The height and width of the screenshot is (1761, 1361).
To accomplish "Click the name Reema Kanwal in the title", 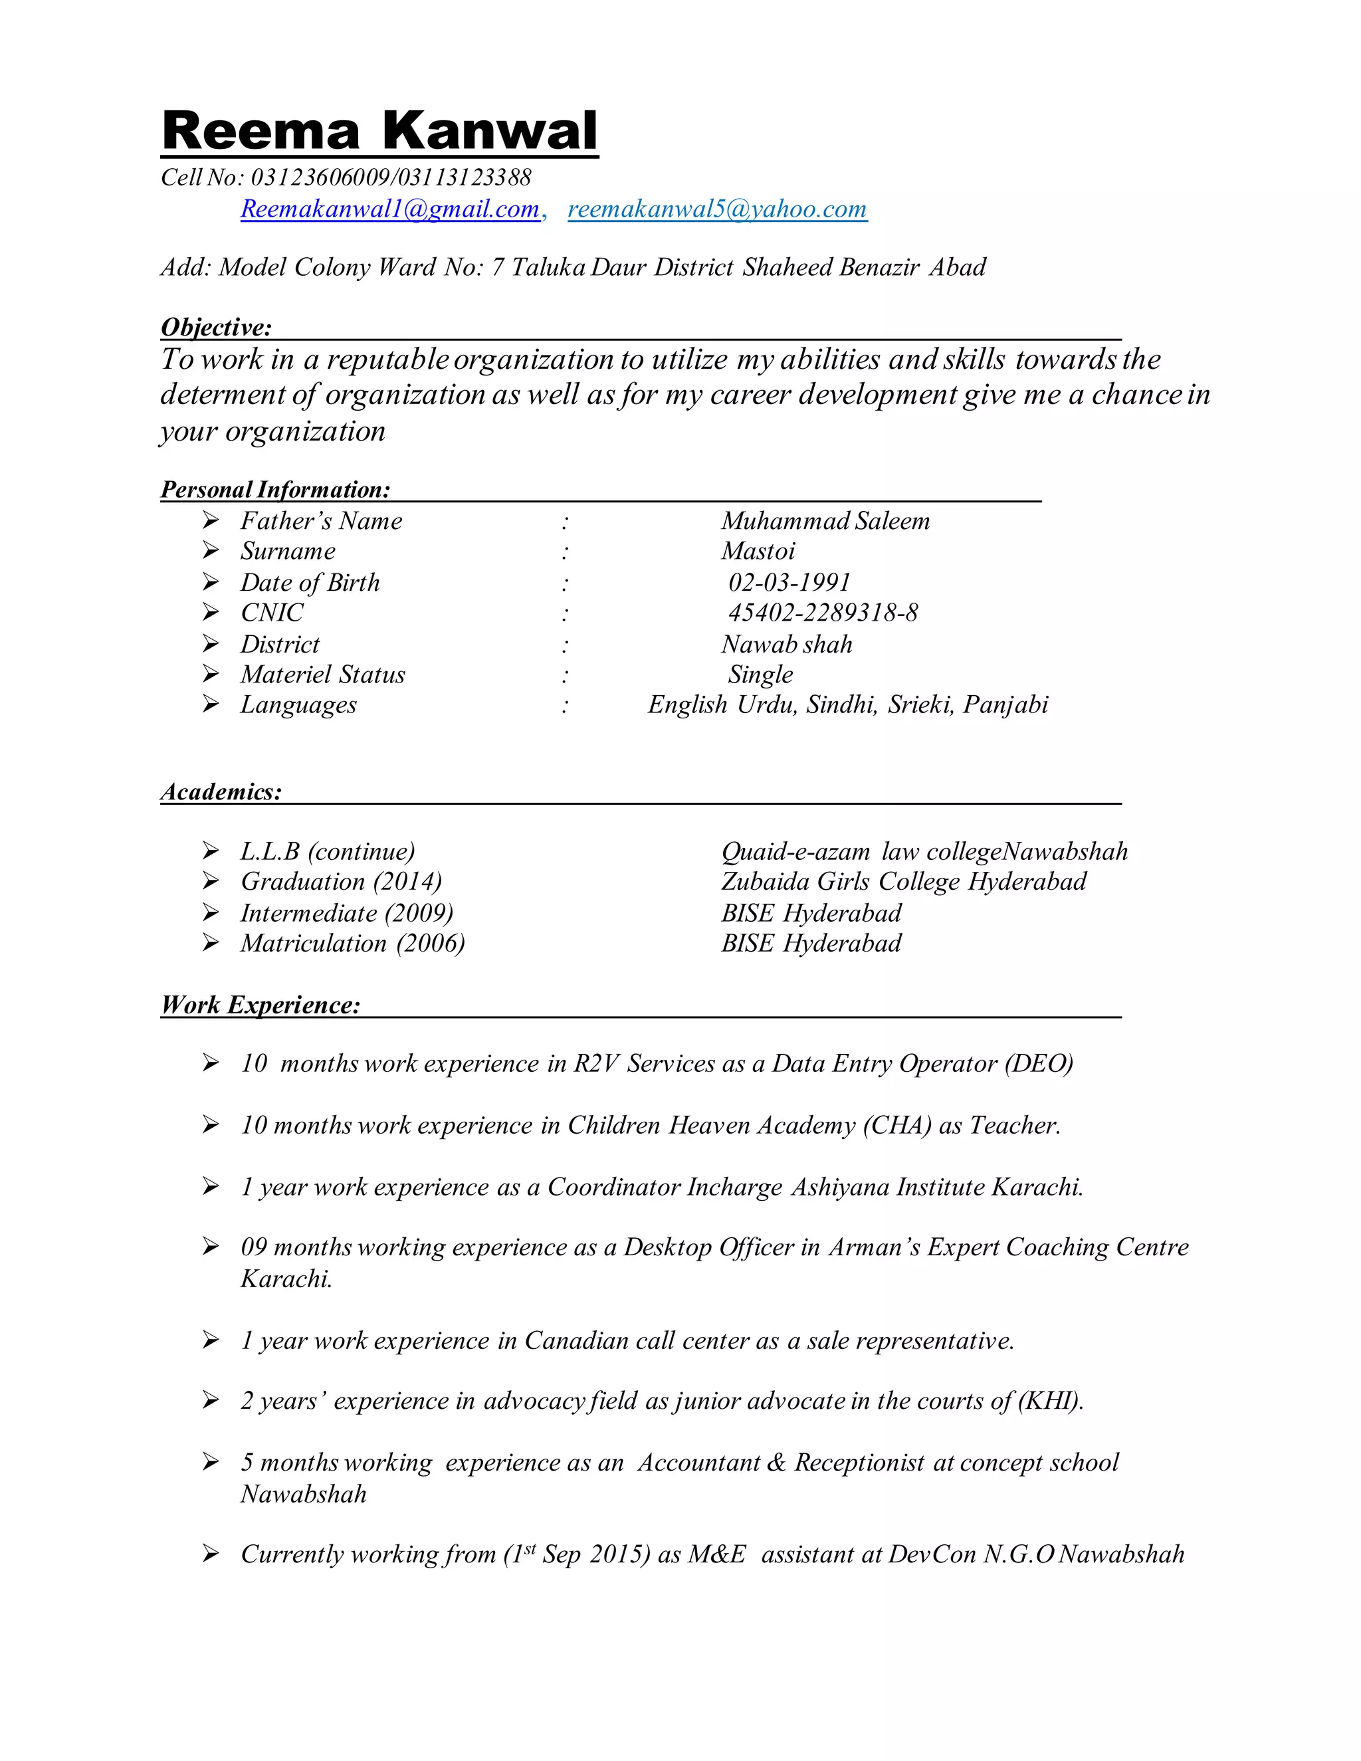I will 379,131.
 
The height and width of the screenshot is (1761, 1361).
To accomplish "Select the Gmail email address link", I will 390,209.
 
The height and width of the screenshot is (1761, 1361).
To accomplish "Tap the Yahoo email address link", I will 717,209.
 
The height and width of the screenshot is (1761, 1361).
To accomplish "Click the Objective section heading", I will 216,328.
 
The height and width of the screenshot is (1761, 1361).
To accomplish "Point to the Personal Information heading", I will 275,490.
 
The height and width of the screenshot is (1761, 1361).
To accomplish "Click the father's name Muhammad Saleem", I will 825,521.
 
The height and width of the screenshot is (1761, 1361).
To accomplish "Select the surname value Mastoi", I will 758,552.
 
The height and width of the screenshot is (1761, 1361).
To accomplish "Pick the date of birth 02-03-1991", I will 789,582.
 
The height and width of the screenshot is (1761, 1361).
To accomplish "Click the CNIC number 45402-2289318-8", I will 823,613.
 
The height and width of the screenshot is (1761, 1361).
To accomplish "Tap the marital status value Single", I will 760,675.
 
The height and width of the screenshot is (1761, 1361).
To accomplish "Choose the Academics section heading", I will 221,792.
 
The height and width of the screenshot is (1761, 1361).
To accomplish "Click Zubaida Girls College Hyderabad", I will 903,882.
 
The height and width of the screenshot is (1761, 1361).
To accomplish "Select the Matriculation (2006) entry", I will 352,944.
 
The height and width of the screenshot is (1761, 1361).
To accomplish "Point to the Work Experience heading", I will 260,1005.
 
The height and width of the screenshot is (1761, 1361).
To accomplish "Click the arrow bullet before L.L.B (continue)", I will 211,851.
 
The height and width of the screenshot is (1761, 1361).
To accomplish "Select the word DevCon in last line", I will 931,1554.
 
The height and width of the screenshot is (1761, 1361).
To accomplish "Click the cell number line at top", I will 346,177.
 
